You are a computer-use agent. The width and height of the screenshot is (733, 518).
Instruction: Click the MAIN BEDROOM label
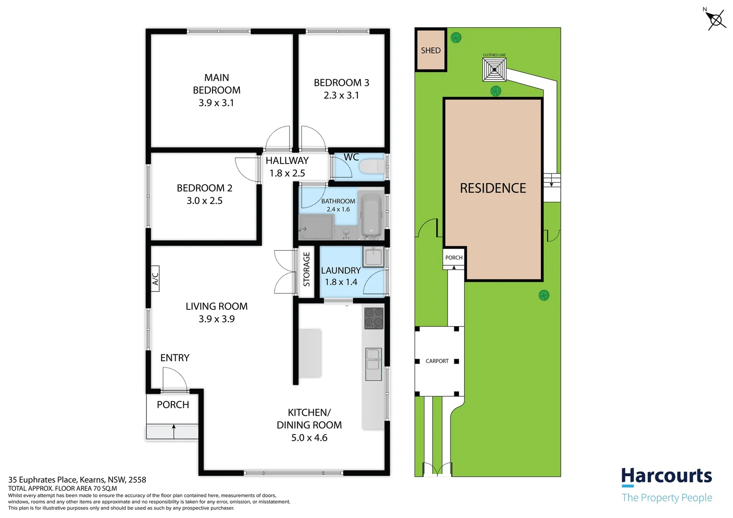tap(216, 84)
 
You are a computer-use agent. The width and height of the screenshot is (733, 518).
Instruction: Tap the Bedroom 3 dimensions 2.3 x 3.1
tap(341, 95)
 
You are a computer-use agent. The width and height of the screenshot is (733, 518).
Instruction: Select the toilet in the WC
tap(372, 167)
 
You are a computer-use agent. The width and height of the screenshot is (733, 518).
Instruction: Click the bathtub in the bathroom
tap(370, 215)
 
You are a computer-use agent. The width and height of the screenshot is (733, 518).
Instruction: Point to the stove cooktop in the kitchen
tap(374, 318)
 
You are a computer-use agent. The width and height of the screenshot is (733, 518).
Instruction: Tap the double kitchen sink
tap(373, 364)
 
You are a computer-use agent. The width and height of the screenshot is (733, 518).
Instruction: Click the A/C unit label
tap(155, 279)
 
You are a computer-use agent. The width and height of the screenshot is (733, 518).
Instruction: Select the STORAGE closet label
tap(307, 270)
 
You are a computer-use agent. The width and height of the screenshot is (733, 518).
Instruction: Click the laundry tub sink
tap(373, 257)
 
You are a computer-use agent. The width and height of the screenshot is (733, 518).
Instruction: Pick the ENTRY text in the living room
tap(175, 358)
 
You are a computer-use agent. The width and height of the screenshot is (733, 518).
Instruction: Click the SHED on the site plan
tap(431, 50)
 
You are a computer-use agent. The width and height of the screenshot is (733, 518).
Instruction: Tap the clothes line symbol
tap(494, 70)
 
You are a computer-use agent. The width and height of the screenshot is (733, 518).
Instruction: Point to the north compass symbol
tap(715, 20)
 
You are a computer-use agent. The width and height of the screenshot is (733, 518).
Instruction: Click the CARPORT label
tap(437, 361)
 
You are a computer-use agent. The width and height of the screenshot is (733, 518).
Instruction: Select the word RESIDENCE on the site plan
tap(493, 188)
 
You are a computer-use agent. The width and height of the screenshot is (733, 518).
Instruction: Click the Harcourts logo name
tap(666, 476)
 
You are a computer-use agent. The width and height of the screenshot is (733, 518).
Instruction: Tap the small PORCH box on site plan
tap(454, 258)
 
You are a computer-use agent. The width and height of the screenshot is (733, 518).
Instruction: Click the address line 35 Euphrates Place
tap(77, 480)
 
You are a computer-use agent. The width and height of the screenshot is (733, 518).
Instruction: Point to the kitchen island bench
tap(310, 353)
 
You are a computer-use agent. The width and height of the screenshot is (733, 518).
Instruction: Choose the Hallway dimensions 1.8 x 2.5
tap(287, 173)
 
